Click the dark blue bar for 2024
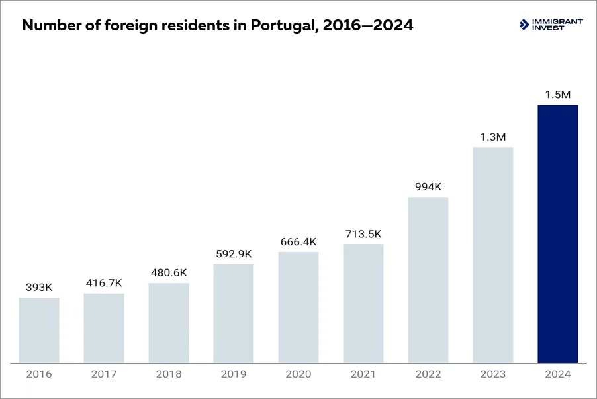point(557,233)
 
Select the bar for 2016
point(39,330)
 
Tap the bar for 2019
point(234,313)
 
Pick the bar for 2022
point(428,280)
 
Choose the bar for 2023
point(493,255)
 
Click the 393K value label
point(39,287)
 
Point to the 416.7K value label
point(104,283)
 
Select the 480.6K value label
point(169,272)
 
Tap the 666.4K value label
point(298,241)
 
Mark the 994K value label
point(428,187)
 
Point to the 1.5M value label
point(557,95)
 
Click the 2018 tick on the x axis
point(169,374)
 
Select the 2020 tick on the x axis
point(298,374)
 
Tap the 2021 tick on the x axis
point(363,374)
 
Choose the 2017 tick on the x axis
point(104,374)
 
